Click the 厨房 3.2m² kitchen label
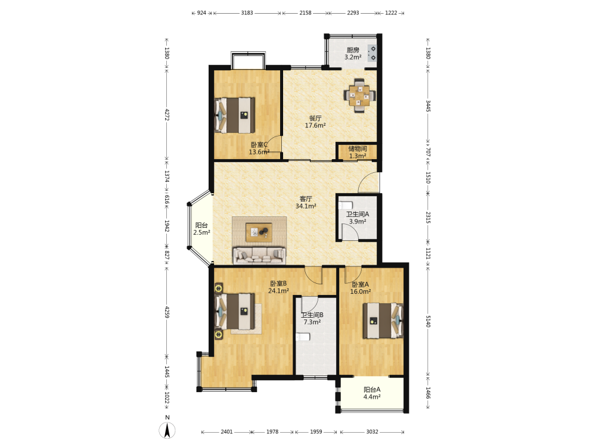(353, 54)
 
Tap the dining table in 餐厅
(359, 95)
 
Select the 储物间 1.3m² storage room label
(358, 152)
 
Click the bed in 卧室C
(234, 115)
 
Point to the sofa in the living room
(259, 255)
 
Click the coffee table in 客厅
(259, 232)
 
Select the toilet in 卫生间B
(303, 337)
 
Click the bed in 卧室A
(383, 321)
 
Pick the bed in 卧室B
(235, 311)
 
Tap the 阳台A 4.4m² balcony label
(372, 393)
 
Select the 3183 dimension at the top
(247, 13)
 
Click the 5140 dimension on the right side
(428, 321)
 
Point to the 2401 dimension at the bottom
(226, 432)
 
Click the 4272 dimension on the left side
(167, 115)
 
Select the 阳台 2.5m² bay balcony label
(201, 229)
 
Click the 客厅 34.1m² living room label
(306, 202)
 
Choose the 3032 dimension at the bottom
(372, 432)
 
